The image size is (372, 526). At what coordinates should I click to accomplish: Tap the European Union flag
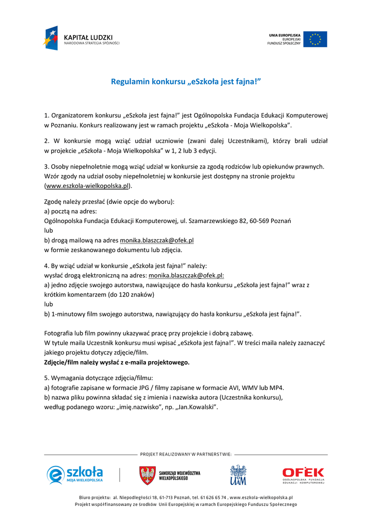pyautogui.click(x=315, y=39)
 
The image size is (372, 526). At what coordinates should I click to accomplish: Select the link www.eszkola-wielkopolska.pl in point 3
pyautogui.click(x=87, y=185)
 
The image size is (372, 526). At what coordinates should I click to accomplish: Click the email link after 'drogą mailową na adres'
pyautogui.click(x=157, y=240)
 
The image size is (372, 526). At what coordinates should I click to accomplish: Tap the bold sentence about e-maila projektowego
pyautogui.click(x=117, y=362)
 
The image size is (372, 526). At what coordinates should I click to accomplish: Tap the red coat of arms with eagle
pyautogui.click(x=147, y=475)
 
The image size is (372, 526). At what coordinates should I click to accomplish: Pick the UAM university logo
pyautogui.click(x=238, y=475)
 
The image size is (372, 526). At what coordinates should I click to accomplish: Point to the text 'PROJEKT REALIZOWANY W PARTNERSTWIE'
pyautogui.click(x=185, y=454)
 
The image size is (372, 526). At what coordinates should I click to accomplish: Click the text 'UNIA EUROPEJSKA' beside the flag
pyautogui.click(x=285, y=35)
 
